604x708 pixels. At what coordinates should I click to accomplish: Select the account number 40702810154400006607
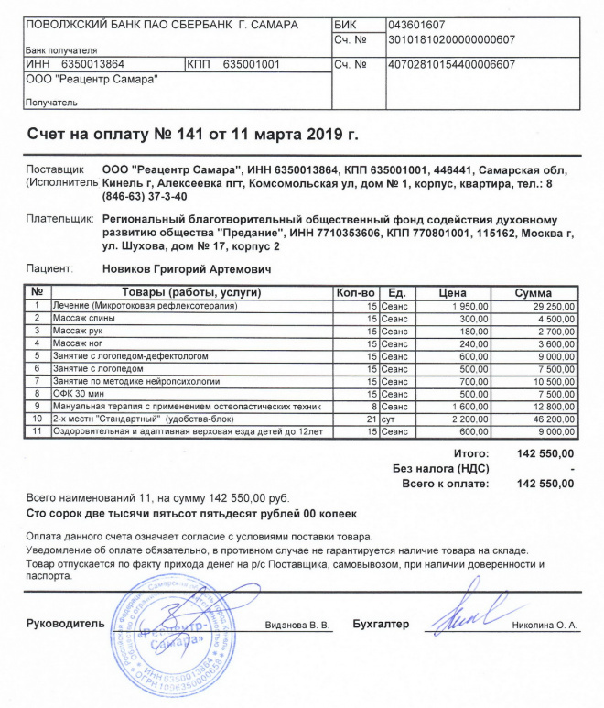point(451,65)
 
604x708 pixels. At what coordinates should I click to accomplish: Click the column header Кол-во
point(356,292)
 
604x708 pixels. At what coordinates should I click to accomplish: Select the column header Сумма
point(532,292)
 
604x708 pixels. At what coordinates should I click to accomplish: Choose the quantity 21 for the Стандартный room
point(372,417)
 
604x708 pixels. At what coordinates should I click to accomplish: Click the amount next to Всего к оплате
point(545,483)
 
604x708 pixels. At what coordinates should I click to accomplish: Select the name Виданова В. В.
point(296,626)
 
